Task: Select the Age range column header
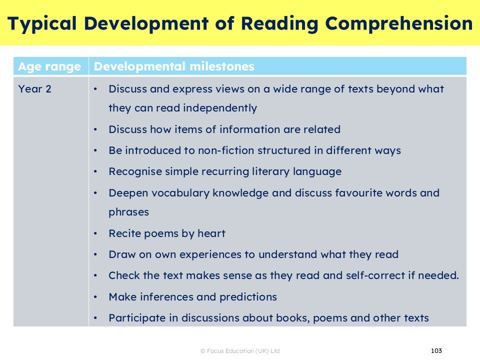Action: click(49, 66)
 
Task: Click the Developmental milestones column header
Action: click(174, 66)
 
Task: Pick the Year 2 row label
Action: click(34, 89)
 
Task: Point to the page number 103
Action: click(436, 350)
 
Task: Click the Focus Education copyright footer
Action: click(240, 351)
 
